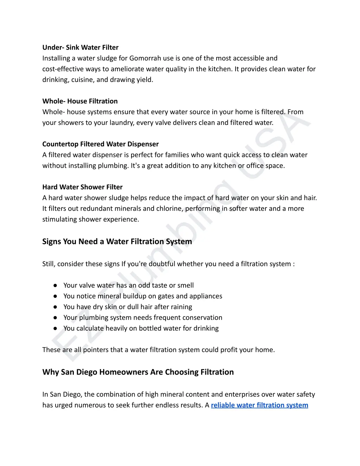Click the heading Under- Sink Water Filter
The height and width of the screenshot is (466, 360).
pos(80,47)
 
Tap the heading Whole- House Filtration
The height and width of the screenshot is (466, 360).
pos(80,101)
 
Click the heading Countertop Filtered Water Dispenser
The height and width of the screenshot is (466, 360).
pos(100,144)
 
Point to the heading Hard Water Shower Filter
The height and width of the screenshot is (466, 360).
pos(82,187)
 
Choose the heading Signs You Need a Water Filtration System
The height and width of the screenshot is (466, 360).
pos(117,242)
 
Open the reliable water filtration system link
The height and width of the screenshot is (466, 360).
pos(259,405)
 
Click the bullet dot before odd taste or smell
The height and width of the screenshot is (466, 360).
pos(55,286)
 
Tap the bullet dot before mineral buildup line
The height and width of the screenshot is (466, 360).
pos(55,296)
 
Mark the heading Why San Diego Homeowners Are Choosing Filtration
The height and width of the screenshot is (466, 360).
pos(138,372)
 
